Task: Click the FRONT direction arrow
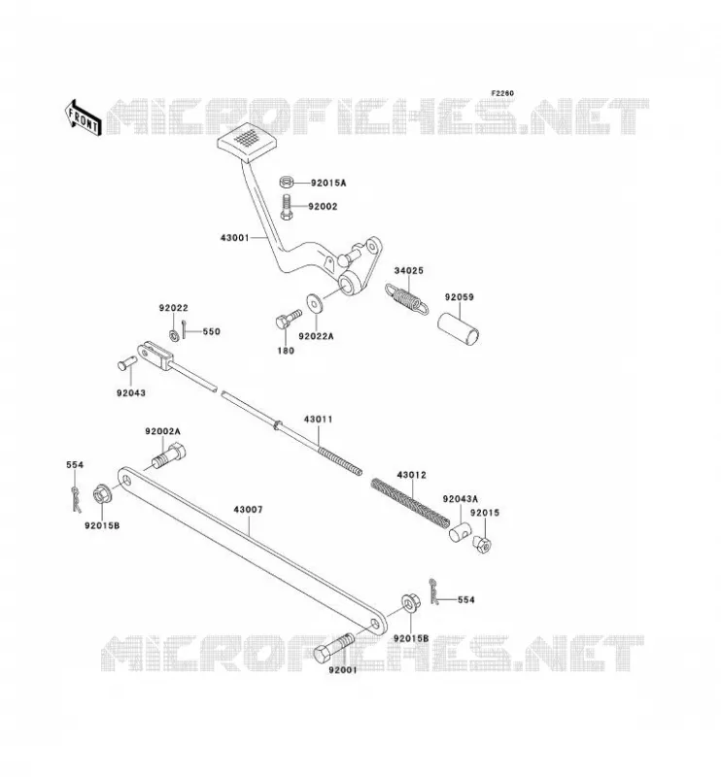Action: coord(84,118)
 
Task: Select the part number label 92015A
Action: coord(328,183)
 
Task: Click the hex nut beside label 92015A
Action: coord(287,183)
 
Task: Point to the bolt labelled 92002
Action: coord(287,207)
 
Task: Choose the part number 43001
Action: coord(234,238)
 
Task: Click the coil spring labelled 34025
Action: coord(406,299)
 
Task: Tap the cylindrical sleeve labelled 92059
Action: coord(459,328)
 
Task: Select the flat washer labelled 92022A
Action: coord(314,303)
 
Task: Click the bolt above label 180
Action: coord(288,319)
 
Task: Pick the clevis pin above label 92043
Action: coord(127,363)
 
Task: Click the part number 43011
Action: coord(318,420)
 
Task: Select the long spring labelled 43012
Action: coord(411,502)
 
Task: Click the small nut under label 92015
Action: coord(482,544)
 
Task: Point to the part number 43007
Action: coord(248,509)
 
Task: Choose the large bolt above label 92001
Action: coord(334,648)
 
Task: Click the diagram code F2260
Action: coord(502,93)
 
